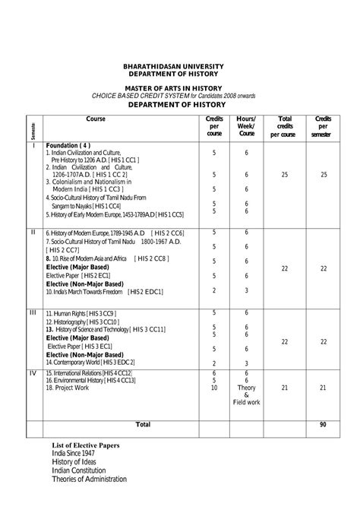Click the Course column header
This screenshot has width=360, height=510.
click(x=96, y=120)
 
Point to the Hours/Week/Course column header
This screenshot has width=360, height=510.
click(x=246, y=126)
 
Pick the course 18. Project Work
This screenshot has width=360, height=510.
click(x=68, y=388)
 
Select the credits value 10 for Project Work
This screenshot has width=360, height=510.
click(x=213, y=388)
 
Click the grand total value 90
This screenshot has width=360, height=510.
click(x=322, y=424)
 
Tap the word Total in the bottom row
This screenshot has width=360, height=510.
click(x=143, y=423)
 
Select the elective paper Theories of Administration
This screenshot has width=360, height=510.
click(x=89, y=479)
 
